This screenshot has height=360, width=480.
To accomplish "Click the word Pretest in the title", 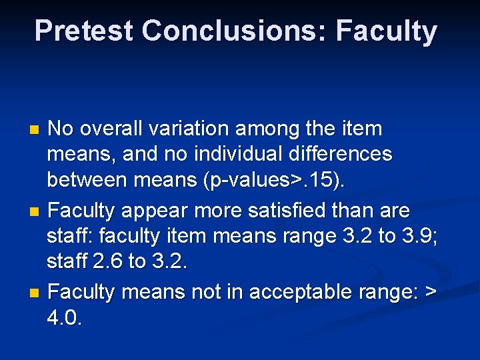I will [83, 31].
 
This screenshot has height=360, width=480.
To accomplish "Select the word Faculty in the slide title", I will [387, 31].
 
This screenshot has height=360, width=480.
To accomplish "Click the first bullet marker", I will [37, 129].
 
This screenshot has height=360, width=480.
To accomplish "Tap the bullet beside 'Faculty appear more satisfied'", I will [37, 211].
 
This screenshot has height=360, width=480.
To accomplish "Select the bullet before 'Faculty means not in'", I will [37, 293].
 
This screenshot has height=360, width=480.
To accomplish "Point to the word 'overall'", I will [119, 127].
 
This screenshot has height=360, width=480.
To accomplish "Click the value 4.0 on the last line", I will [64, 318].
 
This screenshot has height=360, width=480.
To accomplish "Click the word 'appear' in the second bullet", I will [163, 211].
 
